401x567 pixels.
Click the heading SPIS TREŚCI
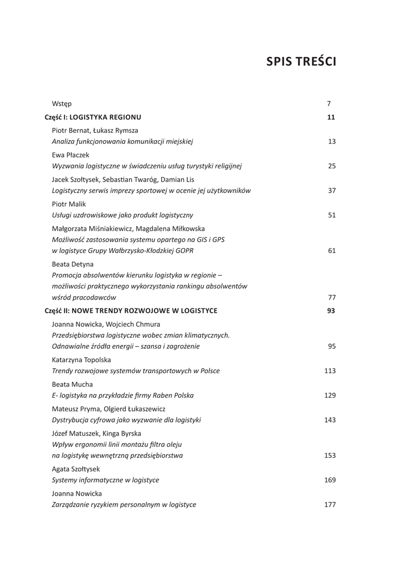(x=301, y=61)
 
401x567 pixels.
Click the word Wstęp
(x=61, y=104)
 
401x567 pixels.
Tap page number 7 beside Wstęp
(x=329, y=104)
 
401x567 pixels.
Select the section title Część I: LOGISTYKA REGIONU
(x=93, y=117)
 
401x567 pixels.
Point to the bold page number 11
(x=331, y=117)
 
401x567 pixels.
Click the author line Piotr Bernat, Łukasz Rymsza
(x=95, y=130)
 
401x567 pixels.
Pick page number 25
(x=332, y=166)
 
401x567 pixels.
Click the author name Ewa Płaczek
(x=70, y=155)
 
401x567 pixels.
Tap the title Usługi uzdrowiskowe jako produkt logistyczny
(x=122, y=215)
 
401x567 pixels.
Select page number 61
(x=332, y=251)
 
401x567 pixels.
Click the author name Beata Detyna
(x=72, y=264)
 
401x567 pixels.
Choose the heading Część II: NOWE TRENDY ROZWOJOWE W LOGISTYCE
(x=131, y=311)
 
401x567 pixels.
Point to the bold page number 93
(x=331, y=311)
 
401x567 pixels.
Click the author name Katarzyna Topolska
(x=81, y=360)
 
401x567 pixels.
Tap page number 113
(x=330, y=371)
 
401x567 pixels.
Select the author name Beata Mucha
(x=72, y=384)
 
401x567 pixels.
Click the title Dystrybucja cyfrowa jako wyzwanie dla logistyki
(x=126, y=420)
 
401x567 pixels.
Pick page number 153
(x=330, y=456)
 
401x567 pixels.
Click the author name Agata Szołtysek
(x=76, y=469)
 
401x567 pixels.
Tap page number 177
(x=330, y=505)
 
